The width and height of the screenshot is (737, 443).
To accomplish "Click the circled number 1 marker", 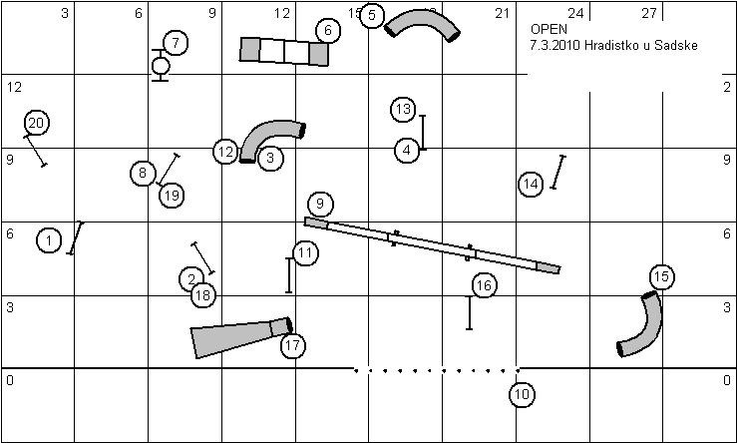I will [x=48, y=240].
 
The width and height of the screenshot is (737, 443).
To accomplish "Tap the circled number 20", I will [x=36, y=123].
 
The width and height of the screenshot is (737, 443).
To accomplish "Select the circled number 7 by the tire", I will [x=176, y=43].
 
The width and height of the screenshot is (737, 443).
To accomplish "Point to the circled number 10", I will [x=522, y=394].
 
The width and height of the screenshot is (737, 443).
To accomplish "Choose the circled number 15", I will [x=660, y=276].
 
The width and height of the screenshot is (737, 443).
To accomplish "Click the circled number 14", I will [x=532, y=184].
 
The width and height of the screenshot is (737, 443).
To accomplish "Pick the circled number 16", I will [x=484, y=286].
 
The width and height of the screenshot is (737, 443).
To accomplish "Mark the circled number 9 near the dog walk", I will [x=319, y=205].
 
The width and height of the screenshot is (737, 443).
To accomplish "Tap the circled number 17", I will [x=292, y=346].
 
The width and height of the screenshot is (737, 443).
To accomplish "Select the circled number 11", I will [x=305, y=253].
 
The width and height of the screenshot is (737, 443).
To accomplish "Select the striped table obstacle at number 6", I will [x=284, y=51].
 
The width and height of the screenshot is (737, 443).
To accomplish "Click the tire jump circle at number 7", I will [x=161, y=66].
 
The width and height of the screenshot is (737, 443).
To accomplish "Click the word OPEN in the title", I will [x=550, y=30].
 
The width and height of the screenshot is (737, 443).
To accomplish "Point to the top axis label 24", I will [x=575, y=14].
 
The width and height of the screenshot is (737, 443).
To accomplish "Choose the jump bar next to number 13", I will [x=423, y=132].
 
